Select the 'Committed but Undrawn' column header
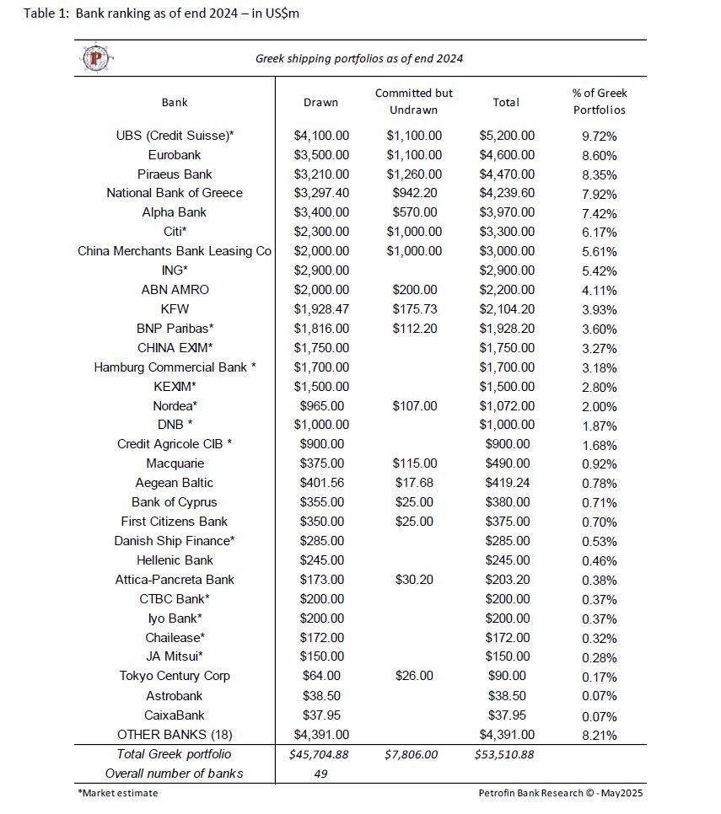414,102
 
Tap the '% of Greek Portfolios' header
600,101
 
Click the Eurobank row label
175,155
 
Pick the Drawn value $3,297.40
320,193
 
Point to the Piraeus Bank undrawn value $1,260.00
414,174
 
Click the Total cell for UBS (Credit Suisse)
506,136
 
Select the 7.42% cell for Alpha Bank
600,212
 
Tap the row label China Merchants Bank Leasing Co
175,251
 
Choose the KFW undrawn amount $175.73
414,309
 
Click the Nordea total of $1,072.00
506,406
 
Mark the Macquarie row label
175,463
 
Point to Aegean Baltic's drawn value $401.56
320,483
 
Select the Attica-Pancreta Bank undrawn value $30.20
414,580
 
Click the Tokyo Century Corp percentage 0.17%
600,676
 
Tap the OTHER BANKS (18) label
175,734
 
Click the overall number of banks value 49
320,774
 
